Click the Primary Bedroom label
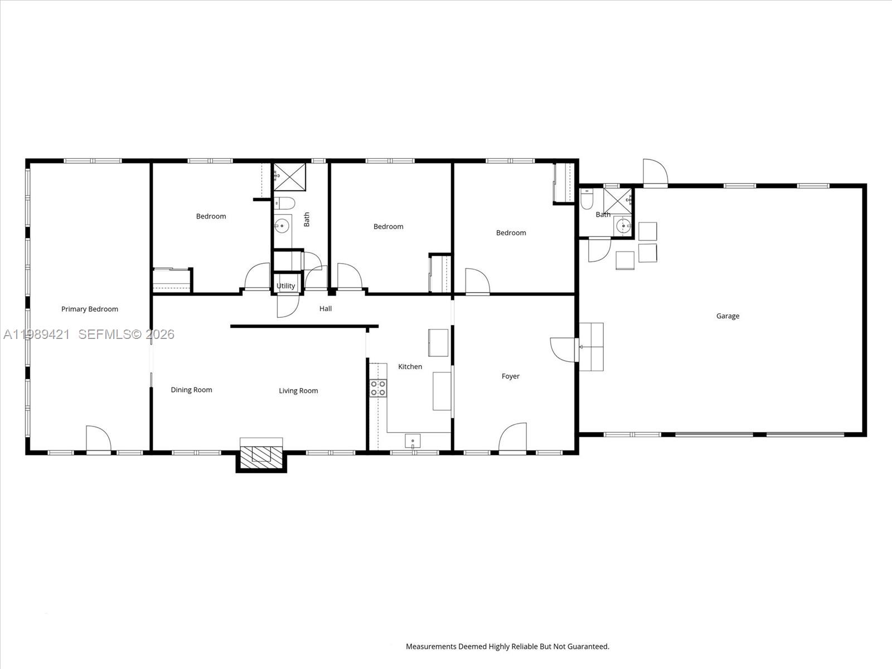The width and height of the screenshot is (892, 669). coord(90,309)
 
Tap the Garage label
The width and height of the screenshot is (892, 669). coord(728,316)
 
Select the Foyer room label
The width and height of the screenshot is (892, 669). coord(510,376)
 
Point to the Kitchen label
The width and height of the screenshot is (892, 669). coord(410,366)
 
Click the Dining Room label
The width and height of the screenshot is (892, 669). coord(191,390)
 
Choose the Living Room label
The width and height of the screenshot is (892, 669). coord(298,391)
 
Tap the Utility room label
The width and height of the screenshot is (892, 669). coord(286,286)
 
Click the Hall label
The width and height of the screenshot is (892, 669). coord(326,308)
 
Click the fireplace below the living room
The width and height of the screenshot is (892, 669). coord(261,453)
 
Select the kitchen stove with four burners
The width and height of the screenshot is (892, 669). coord(379,388)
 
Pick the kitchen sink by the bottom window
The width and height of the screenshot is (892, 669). coord(413,441)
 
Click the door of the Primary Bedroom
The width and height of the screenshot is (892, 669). coord(99,439)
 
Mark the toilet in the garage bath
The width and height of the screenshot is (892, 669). coord(586,200)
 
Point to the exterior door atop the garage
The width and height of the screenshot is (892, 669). coord(655,173)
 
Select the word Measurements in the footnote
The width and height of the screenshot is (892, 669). coord(431,647)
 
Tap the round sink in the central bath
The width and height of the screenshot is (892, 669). coord(282,226)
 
